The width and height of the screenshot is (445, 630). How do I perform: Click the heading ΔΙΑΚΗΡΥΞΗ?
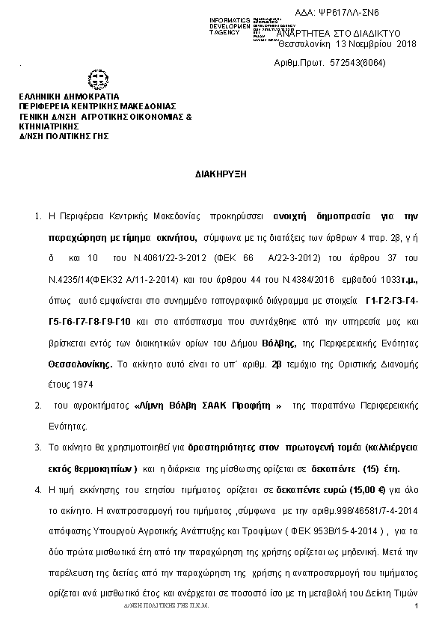coord(221,173)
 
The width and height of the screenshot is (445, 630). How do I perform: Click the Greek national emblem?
coord(98,79)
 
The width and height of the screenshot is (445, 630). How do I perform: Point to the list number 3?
coord(38,447)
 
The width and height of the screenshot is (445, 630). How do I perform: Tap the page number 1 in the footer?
coord(414,614)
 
